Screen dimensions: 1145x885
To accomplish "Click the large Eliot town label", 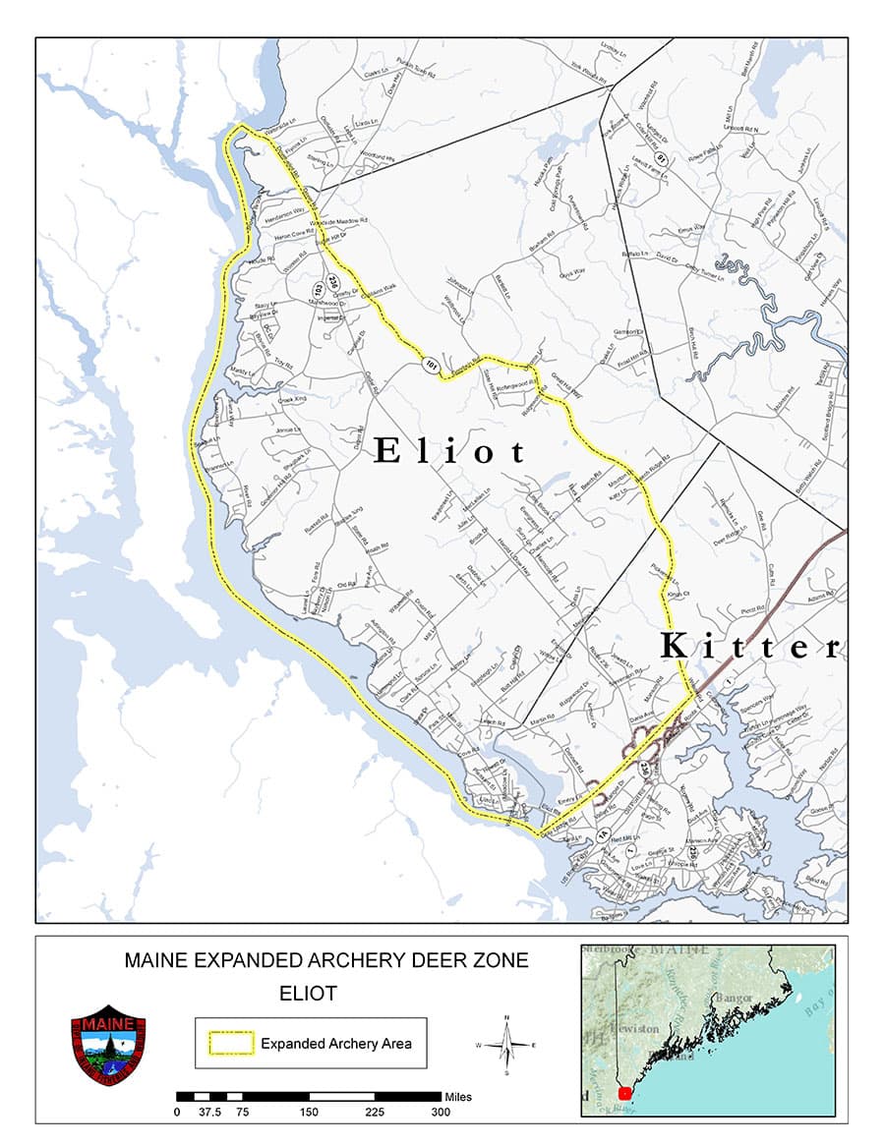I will (451, 451).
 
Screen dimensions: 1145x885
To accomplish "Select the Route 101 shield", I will (430, 366).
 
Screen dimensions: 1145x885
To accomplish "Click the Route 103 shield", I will (318, 291).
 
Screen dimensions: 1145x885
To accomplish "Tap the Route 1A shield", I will (604, 834).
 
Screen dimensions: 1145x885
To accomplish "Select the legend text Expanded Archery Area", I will (335, 1044).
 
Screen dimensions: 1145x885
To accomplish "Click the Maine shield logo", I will (108, 1045).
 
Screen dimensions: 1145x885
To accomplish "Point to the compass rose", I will (506, 1044).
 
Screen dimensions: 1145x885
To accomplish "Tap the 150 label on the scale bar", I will (309, 1113).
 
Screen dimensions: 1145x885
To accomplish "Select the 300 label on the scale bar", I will (441, 1113).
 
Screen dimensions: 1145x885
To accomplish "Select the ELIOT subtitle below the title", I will (308, 993).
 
